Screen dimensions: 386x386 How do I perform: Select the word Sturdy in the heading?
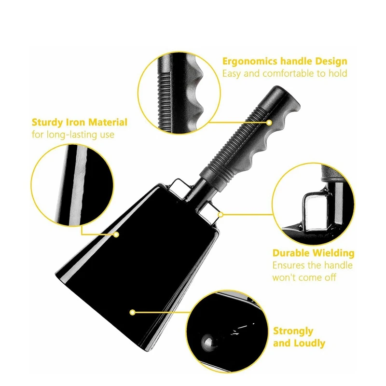[47, 123]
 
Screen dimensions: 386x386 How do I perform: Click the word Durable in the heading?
[291, 253]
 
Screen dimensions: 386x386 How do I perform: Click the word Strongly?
[293, 331]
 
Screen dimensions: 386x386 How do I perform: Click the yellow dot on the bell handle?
[269, 123]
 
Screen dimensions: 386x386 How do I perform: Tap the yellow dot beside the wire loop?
[221, 215]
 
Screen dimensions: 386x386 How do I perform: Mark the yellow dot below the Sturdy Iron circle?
[116, 234]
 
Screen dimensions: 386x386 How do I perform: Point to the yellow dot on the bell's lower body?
[132, 312]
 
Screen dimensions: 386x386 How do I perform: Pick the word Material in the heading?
[108, 123]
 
